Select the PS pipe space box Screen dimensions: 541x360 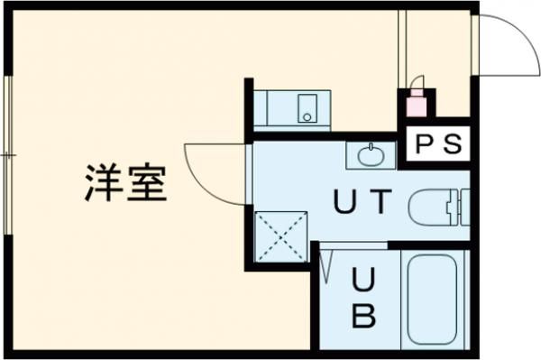pyautogui.click(x=437, y=143)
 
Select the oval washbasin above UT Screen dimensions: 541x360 pyautogui.click(x=370, y=156)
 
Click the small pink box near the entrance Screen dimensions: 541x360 pyautogui.click(x=416, y=106)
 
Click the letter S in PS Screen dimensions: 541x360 pyautogui.click(x=452, y=143)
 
